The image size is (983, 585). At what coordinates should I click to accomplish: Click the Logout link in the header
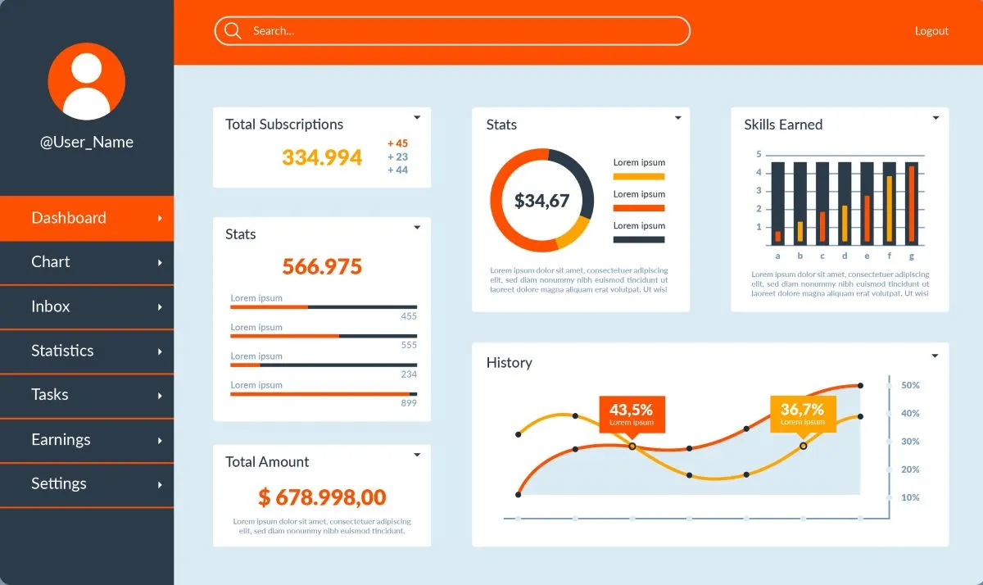pyautogui.click(x=931, y=31)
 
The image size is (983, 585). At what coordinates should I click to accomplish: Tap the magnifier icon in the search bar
pyautogui.click(x=233, y=31)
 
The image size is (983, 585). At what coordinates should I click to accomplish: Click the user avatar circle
pyautogui.click(x=87, y=81)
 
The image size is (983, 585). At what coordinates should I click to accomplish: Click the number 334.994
pyautogui.click(x=322, y=157)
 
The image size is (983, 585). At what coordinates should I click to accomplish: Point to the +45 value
pyautogui.click(x=397, y=143)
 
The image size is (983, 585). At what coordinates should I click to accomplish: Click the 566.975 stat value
pyautogui.click(x=322, y=266)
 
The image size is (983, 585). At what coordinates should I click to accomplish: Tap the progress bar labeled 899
pyautogui.click(x=323, y=394)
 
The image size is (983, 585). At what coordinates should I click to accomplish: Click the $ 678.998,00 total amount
pyautogui.click(x=322, y=497)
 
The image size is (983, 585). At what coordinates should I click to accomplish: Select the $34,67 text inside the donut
pyautogui.click(x=541, y=201)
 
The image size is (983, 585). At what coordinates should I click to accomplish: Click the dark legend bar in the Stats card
pyautogui.click(x=638, y=240)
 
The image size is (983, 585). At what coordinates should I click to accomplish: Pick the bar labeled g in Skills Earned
pyautogui.click(x=911, y=203)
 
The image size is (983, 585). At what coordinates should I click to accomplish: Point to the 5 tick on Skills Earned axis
pyautogui.click(x=759, y=154)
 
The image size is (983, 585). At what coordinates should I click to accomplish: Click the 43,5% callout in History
pyautogui.click(x=632, y=414)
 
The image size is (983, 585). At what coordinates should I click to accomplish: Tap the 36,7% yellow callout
pyautogui.click(x=802, y=413)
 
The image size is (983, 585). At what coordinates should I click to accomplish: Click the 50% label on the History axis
pyautogui.click(x=910, y=385)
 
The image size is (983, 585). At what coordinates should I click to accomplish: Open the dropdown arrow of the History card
pyautogui.click(x=935, y=356)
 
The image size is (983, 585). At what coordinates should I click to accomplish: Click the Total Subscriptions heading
pyautogui.click(x=284, y=125)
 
